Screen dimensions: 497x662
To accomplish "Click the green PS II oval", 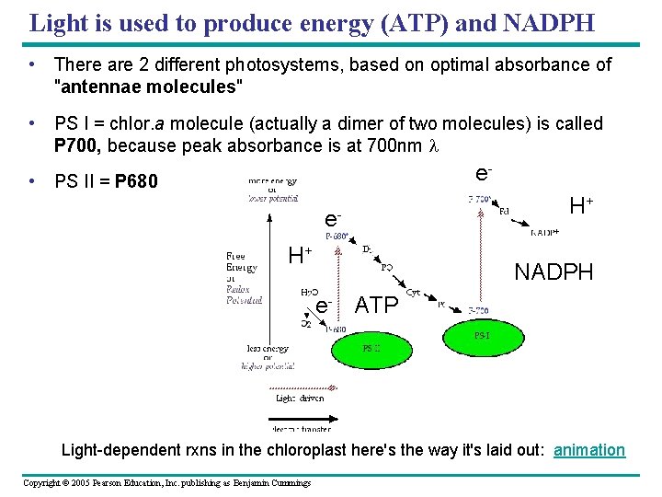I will [371, 348].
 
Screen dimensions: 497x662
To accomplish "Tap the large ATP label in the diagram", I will [377, 305].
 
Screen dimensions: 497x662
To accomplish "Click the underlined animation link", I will [589, 450].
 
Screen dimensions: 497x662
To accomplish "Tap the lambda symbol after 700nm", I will [434, 144].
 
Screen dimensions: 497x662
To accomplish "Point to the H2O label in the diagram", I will [310, 292].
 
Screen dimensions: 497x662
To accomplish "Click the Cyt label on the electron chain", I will [414, 292].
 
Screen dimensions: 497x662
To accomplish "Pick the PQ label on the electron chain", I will [387, 267].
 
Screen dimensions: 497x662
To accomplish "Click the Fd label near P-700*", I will [504, 210].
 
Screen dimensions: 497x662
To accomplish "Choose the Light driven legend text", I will [301, 399].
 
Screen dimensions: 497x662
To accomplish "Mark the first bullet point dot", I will [32, 64].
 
